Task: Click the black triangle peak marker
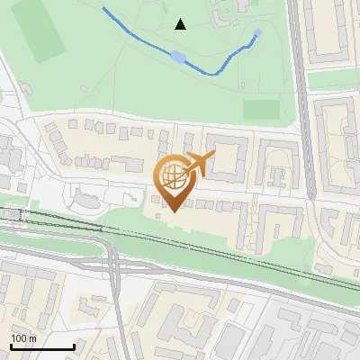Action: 181,24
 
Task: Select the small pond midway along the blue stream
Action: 178,58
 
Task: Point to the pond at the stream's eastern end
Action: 258,33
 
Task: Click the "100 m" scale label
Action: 23,338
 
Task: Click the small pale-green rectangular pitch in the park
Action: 261,109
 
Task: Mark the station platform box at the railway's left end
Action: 12,214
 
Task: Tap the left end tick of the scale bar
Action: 11,346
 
